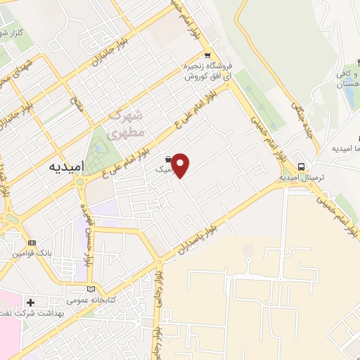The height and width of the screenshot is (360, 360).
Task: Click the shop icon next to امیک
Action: coord(169,159)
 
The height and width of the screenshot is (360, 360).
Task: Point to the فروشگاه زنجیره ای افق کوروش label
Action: coord(207,70)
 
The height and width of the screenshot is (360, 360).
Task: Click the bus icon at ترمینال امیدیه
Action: coord(301,167)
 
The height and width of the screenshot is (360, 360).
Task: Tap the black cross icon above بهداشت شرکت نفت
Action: coord(30,302)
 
